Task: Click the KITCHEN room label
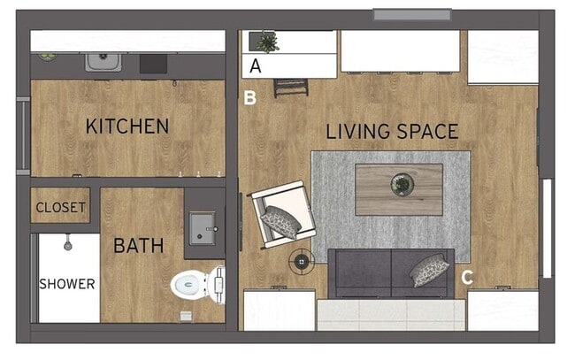[x=126, y=126]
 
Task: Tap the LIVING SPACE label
[x=392, y=132]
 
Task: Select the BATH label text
[x=138, y=245]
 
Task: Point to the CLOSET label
[x=60, y=209]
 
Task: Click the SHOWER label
[x=66, y=284]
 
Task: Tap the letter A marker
[x=256, y=65]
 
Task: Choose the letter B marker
[x=250, y=98]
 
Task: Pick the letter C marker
[x=466, y=278]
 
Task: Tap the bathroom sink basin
[x=202, y=227]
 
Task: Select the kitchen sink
[x=103, y=61]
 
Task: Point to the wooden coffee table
[x=399, y=188]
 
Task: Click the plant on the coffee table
[x=402, y=184]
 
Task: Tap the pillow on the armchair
[x=281, y=222]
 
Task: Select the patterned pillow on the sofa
[x=429, y=269]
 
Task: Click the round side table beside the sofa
[x=303, y=262]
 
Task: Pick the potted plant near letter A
[x=264, y=41]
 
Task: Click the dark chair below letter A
[x=290, y=87]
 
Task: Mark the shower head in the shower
[x=67, y=242]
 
